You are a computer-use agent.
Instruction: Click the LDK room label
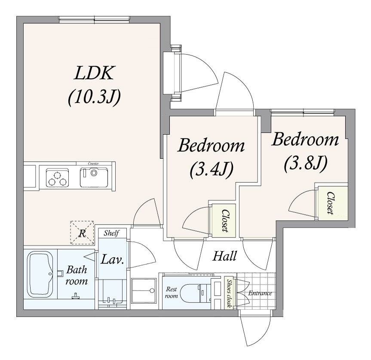94,73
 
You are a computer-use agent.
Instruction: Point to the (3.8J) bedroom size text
306,163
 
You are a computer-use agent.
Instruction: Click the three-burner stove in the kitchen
58,178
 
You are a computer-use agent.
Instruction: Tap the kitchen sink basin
94,177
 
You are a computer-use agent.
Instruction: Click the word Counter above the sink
93,163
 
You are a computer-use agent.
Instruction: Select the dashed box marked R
82,233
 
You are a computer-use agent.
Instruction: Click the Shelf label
111,233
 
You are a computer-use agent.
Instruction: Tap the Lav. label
112,260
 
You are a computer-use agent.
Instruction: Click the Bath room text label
77,275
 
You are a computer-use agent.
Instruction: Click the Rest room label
172,292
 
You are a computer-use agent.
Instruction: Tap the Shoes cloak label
229,293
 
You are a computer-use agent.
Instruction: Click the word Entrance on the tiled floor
260,293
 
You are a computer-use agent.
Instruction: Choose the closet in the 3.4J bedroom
224,221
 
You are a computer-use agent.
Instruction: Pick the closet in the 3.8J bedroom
333,203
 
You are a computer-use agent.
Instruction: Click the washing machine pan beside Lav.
144,290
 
